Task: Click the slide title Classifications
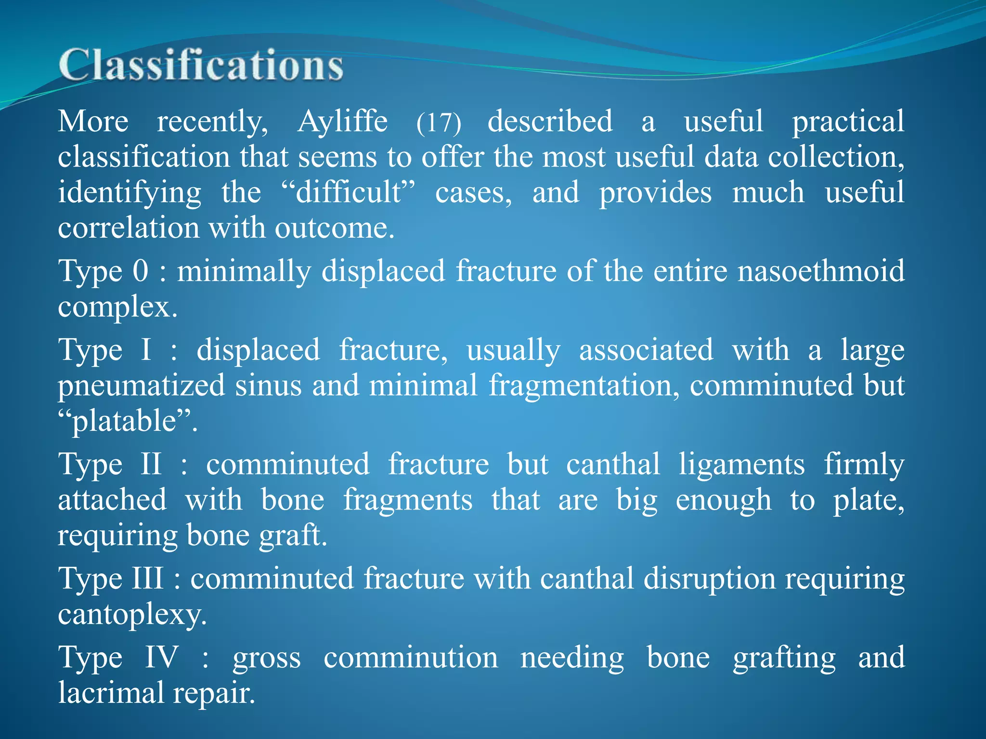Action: [201, 65]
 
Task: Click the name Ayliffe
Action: [342, 121]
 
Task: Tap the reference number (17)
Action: [439, 123]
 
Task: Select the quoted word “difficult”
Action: [348, 192]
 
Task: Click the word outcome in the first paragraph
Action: [334, 228]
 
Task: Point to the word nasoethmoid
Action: [821, 271]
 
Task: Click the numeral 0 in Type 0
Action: [140, 271]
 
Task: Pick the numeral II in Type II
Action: [151, 464]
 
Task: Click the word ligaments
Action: [741, 464]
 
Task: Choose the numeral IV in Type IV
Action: [162, 657]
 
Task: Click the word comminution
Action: [410, 657]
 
